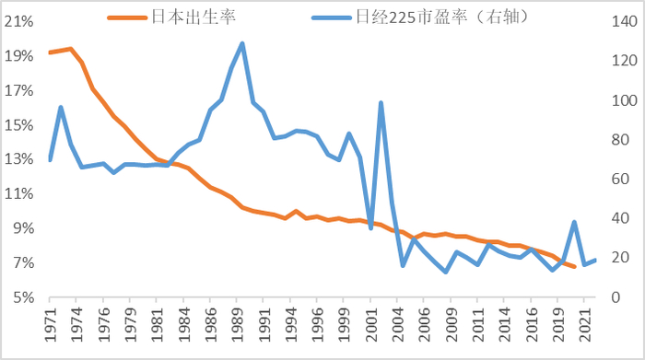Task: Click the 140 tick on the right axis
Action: click(x=619, y=21)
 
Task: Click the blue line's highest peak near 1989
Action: click(x=241, y=43)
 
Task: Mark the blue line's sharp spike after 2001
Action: click(x=381, y=102)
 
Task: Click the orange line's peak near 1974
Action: click(x=71, y=49)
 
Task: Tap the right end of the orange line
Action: click(x=575, y=267)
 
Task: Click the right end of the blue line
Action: click(x=596, y=260)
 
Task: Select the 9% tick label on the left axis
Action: click(x=22, y=228)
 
